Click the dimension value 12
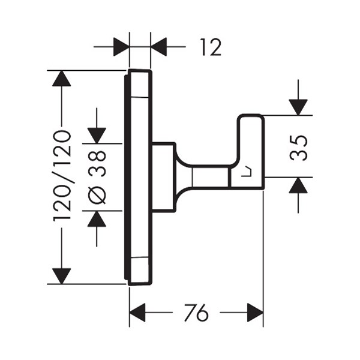211,47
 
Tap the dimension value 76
196,313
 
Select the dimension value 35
298,148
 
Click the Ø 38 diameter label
97,177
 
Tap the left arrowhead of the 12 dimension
121,47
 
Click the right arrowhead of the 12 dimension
159,47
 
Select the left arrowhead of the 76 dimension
137,313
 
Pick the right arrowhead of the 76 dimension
255,313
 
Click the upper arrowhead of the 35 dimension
298,107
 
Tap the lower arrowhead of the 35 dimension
298,185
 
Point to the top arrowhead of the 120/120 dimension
61,79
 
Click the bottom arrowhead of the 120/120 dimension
61,276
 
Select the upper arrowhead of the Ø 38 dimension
97,136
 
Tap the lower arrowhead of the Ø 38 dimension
97,218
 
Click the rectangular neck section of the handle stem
211,177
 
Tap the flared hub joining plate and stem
183,177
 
